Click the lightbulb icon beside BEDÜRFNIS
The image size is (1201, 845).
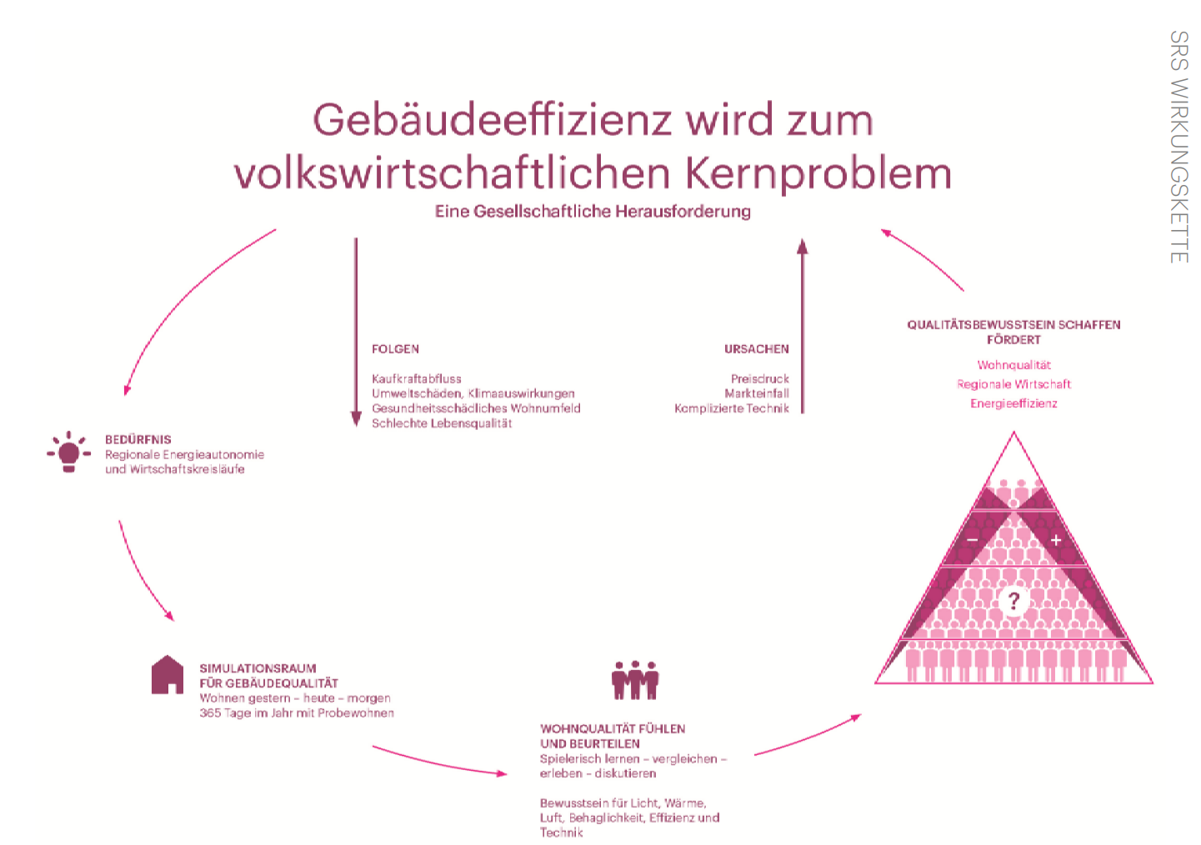pos(68,452)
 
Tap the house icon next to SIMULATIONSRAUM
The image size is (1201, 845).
pos(168,674)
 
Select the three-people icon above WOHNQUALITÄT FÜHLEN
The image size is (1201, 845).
pos(635,680)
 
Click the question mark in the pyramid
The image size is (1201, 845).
pos(1013,600)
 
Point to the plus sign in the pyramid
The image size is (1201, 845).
pos(1056,540)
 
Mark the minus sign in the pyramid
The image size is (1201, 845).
pos(972,540)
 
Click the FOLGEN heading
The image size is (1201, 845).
pos(395,349)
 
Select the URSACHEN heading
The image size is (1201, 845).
pos(756,349)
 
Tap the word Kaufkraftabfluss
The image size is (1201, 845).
pos(416,378)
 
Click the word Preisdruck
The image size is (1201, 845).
pos(759,378)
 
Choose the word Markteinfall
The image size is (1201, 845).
pos(756,393)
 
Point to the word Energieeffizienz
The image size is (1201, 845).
pos(1013,403)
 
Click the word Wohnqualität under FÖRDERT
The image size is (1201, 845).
pos(1013,365)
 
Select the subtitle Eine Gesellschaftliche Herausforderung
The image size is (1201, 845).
pos(593,212)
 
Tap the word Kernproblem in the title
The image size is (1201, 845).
pos(818,172)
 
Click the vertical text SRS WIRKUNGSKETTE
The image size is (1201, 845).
pos(1178,147)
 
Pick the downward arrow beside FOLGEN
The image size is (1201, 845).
pos(356,333)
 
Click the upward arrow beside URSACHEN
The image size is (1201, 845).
pos(803,325)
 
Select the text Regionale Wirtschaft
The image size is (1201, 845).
pos(1013,384)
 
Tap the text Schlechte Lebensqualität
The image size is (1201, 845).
pos(442,423)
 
